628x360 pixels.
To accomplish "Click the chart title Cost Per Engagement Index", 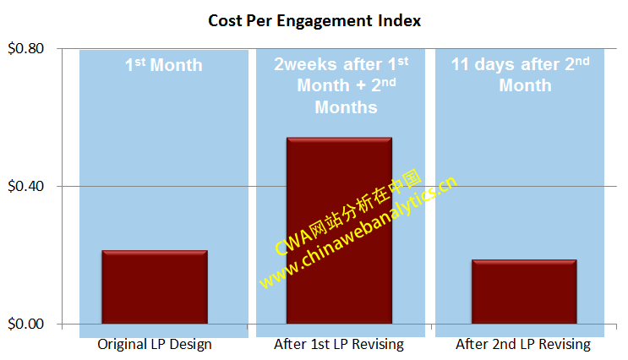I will [x=314, y=20].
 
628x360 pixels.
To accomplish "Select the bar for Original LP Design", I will [x=155, y=286].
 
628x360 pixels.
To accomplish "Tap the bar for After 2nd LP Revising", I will [x=524, y=292].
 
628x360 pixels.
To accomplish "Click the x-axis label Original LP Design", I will [x=155, y=345].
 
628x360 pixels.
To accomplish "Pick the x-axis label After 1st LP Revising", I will [x=339, y=345].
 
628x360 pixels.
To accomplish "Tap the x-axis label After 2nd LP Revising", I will [x=523, y=345].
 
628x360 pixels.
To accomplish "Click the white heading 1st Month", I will [x=164, y=65].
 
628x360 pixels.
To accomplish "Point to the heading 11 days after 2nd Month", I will [x=520, y=74].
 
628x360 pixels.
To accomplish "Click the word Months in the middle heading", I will [x=346, y=107].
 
